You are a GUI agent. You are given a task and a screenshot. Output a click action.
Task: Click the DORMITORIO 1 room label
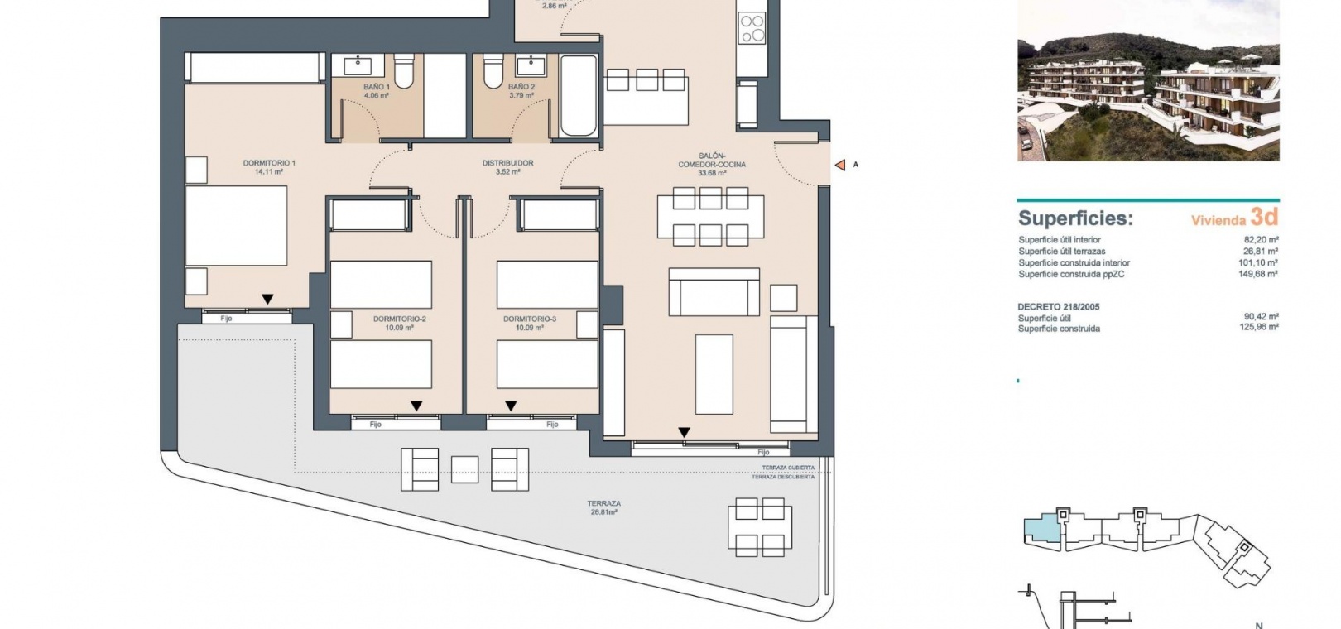tap(269, 163)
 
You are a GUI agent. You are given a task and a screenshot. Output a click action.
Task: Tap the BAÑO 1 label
tap(377, 87)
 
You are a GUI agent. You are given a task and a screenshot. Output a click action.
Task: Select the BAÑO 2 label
tap(521, 87)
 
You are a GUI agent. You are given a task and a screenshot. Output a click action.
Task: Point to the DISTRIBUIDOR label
tap(507, 163)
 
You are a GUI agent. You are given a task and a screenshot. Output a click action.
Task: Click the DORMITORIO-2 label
tap(399, 319)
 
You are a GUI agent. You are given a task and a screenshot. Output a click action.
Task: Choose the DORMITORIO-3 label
tap(530, 319)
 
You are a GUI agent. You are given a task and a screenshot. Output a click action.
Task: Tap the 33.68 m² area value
tap(712, 174)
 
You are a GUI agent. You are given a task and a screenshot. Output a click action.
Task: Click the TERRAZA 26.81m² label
tap(603, 508)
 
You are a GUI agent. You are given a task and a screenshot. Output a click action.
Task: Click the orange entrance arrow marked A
tap(840, 165)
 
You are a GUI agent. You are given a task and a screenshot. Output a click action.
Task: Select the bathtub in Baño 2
tap(579, 96)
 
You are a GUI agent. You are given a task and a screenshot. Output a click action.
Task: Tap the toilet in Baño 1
tap(404, 70)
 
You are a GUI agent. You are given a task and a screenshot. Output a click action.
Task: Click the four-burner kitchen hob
tap(752, 28)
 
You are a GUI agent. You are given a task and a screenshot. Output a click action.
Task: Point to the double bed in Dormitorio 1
tap(236, 226)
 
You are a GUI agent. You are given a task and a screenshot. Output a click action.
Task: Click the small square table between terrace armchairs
tap(464, 470)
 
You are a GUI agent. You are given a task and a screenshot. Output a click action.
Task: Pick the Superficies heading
tap(1076, 218)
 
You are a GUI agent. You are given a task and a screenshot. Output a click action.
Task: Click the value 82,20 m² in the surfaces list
tap(1261, 240)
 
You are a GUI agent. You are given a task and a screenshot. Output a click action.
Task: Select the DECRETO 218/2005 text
tap(1059, 306)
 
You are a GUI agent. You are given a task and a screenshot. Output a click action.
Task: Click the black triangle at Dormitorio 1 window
tap(267, 299)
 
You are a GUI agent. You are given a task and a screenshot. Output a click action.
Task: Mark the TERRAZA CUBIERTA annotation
tap(788, 468)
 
